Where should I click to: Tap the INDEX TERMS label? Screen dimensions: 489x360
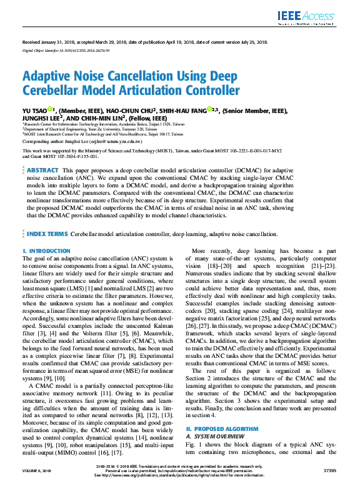(x=47, y=234)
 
